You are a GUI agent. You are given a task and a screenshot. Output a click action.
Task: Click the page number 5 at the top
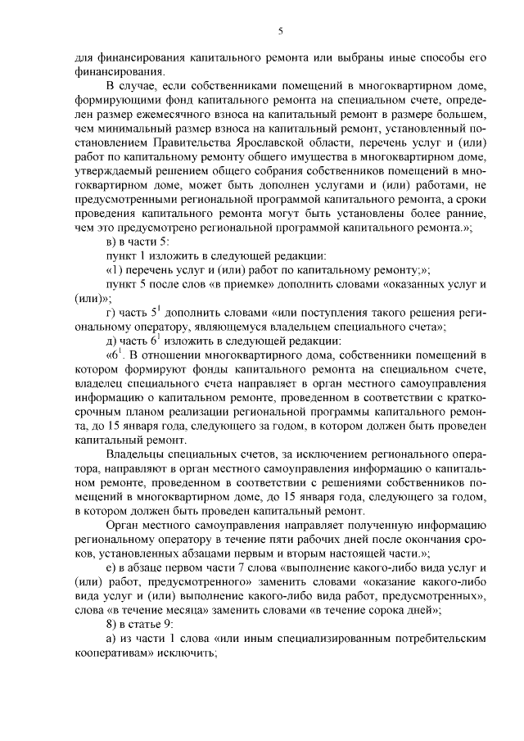[280, 31]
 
